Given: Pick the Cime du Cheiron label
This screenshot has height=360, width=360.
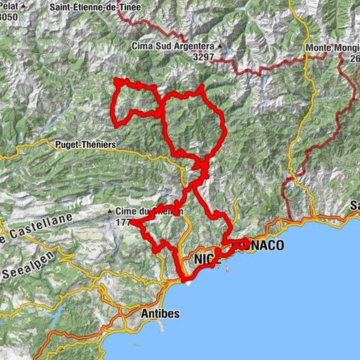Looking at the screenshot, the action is click(148, 211).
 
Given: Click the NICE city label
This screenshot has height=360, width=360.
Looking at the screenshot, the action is click(203, 259).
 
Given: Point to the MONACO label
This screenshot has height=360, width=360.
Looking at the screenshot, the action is click(259, 245).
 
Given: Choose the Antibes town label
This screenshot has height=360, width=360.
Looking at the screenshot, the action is click(160, 313).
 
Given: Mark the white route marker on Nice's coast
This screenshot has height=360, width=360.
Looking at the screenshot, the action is click(187, 282).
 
